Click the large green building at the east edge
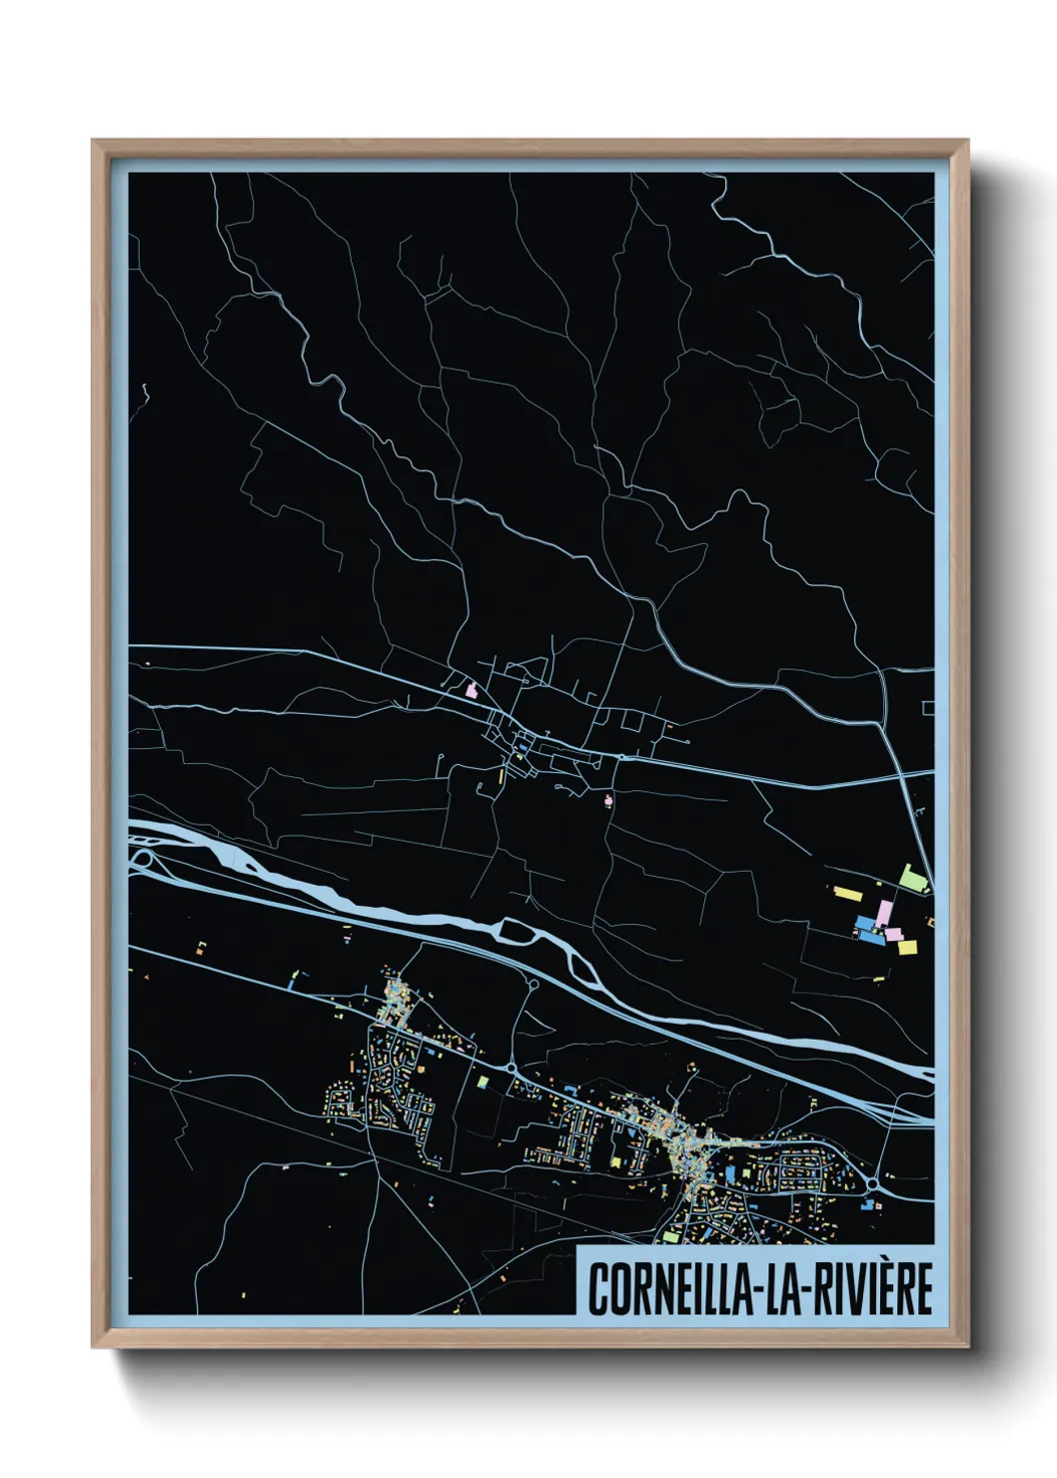click(x=911, y=877)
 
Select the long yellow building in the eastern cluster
click(x=847, y=892)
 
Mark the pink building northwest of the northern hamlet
click(x=472, y=689)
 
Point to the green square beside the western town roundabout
click(x=484, y=1082)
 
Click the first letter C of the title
click(x=597, y=1289)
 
